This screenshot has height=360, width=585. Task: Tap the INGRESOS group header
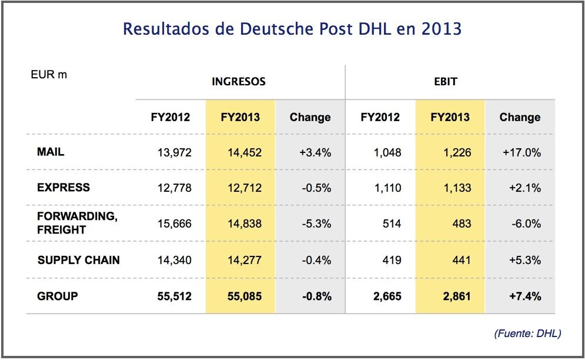click(x=239, y=82)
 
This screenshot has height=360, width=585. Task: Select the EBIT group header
click(x=445, y=82)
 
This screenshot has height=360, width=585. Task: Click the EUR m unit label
click(x=49, y=75)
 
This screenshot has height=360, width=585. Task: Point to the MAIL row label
click(x=51, y=152)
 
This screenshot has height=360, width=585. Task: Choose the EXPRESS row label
click(x=63, y=188)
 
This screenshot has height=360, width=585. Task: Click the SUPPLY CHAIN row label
click(x=78, y=259)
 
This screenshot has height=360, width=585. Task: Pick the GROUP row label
click(x=57, y=295)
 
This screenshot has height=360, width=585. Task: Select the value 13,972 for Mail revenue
click(x=174, y=152)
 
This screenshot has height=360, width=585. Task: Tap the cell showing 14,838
click(x=245, y=224)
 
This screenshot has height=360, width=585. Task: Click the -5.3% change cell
click(x=315, y=224)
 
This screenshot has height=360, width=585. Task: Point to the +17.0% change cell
click(x=522, y=152)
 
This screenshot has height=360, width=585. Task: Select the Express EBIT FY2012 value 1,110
click(x=387, y=188)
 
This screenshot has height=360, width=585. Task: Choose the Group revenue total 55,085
click(x=244, y=296)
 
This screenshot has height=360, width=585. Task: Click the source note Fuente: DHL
click(x=527, y=334)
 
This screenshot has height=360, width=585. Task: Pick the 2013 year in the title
click(x=442, y=28)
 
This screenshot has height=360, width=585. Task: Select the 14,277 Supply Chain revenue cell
click(x=245, y=259)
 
